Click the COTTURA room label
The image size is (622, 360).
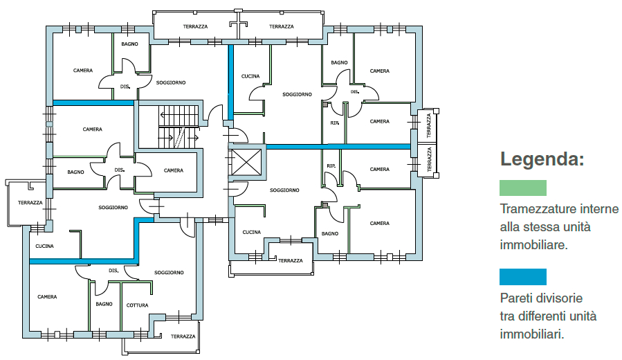tap(137, 305)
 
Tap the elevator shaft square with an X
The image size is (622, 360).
tap(246, 162)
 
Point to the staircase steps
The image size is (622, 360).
tap(179, 127)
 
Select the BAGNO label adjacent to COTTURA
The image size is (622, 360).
tap(104, 304)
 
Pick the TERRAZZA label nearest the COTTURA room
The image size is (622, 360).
tap(183, 336)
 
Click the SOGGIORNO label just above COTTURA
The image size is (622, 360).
tap(169, 273)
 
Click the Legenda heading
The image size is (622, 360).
tap(542, 159)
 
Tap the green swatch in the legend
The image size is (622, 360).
tap(523, 188)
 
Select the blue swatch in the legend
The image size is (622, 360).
tap(523, 277)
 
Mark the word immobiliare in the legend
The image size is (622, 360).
tap(533, 245)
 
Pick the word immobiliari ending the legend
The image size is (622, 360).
tap(531, 334)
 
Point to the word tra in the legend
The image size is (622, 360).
tap(506, 316)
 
